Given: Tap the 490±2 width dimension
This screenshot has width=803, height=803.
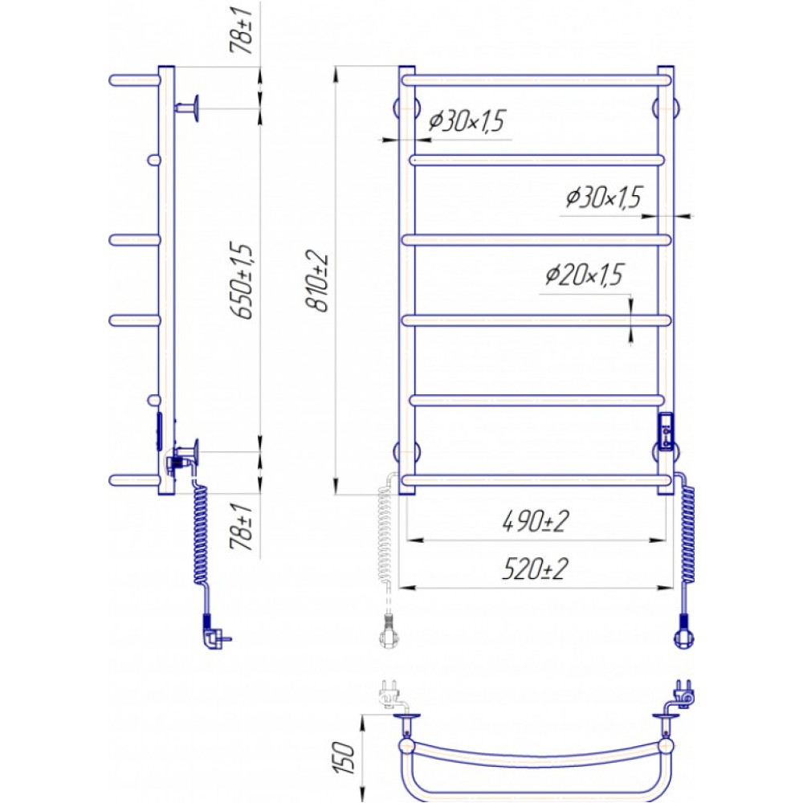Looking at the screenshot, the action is pos(535,522).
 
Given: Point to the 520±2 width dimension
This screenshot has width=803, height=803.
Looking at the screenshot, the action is pos(534,569).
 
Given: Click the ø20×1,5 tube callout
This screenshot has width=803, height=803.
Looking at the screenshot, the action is pos(584,275).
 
